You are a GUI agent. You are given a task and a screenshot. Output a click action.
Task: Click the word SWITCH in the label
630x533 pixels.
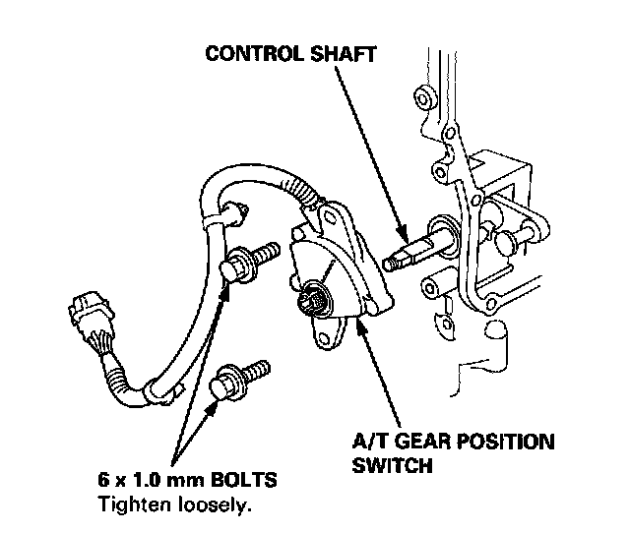point(392,464)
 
